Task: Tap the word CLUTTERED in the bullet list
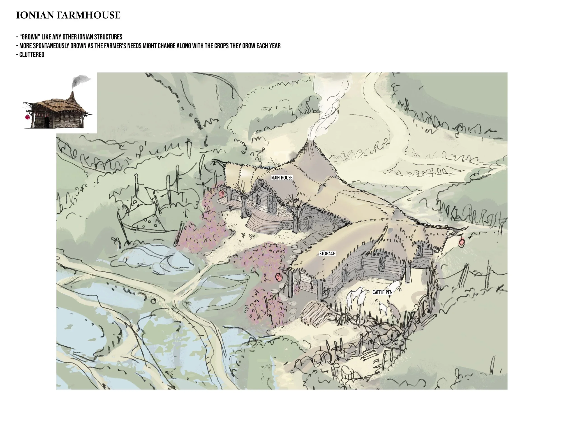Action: (32, 55)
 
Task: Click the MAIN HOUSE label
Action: (282, 178)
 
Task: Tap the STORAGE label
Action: (327, 253)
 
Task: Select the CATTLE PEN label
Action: (382, 292)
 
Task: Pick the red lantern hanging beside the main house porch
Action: (221, 193)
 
